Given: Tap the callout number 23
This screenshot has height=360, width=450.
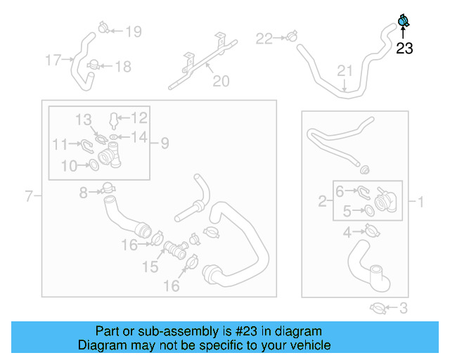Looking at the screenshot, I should click(404, 49).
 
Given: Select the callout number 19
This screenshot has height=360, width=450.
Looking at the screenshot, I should click(133, 31).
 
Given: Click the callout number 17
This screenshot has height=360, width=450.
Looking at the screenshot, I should click(53, 60).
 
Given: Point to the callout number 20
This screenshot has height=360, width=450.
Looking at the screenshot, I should click(221, 82).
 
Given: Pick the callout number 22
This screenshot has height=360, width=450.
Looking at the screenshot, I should click(264, 39).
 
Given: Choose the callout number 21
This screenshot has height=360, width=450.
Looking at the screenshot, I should click(344, 70).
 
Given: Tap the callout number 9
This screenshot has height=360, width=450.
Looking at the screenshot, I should click(164, 143).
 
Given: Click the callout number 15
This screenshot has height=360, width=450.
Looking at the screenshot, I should click(151, 267).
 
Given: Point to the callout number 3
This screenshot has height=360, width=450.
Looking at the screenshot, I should click(404, 307).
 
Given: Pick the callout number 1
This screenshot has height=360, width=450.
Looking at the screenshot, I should click(421, 202).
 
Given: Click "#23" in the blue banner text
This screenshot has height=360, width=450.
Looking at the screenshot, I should click(253, 331).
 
